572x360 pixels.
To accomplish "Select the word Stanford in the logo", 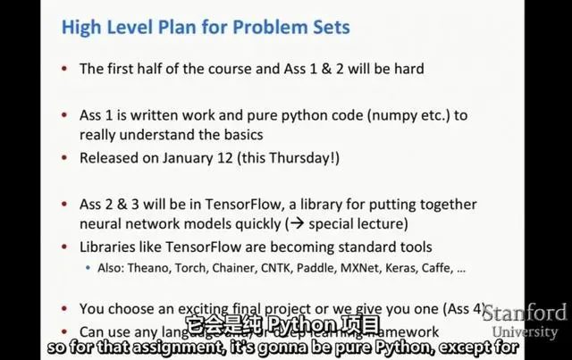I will (525, 313).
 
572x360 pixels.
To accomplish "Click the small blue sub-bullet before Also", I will (88, 268).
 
